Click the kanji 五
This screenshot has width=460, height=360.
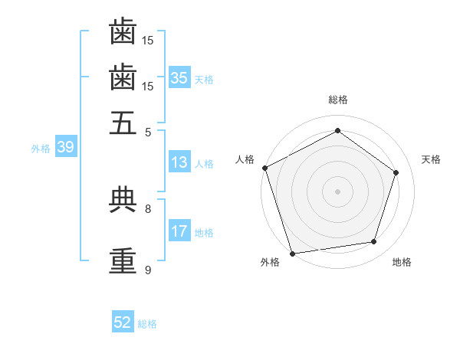click(123, 123)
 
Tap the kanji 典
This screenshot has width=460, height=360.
click(123, 200)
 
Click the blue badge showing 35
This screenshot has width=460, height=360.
click(179, 77)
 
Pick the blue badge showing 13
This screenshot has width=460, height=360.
click(179, 162)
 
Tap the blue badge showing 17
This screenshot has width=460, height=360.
click(179, 231)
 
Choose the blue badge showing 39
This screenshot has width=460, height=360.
click(65, 148)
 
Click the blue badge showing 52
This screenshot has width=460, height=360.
click(123, 322)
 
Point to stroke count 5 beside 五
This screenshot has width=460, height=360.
click(148, 132)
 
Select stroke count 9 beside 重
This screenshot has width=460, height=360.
click(148, 270)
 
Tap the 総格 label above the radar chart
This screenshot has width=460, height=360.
click(337, 100)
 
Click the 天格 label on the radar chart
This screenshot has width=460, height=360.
click(431, 159)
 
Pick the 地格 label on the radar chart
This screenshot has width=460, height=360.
click(402, 263)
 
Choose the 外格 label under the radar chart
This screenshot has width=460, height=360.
click(270, 263)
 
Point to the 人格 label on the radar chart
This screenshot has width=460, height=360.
click(245, 159)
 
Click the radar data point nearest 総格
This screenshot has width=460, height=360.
click(337, 131)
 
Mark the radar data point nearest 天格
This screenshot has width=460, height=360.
click(396, 172)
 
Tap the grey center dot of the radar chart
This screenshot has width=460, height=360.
click(337, 191)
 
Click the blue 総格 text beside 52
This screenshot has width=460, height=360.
click(147, 324)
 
